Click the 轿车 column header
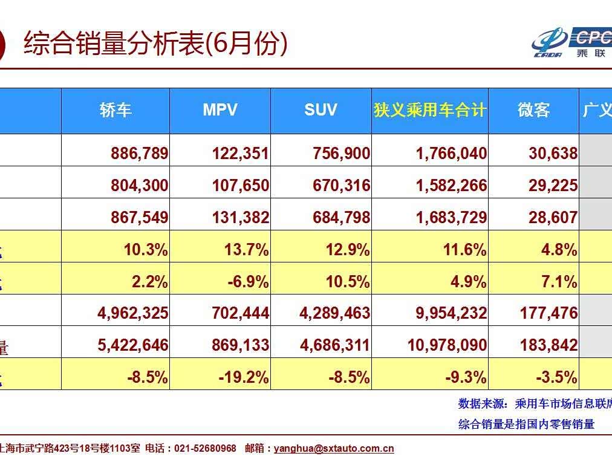(x=116, y=110)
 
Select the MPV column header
(x=220, y=110)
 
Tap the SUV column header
(x=321, y=110)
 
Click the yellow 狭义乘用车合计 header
(x=430, y=110)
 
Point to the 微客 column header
(x=533, y=110)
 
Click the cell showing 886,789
(x=139, y=154)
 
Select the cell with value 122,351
(x=240, y=154)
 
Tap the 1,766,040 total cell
(x=451, y=154)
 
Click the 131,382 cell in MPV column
(x=240, y=217)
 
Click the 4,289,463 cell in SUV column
(x=334, y=313)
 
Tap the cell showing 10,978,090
(x=447, y=345)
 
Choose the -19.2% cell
(x=244, y=377)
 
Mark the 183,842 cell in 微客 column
(x=549, y=345)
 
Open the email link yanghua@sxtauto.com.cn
(x=334, y=448)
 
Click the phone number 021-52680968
(x=205, y=448)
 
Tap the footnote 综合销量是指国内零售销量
(x=526, y=424)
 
